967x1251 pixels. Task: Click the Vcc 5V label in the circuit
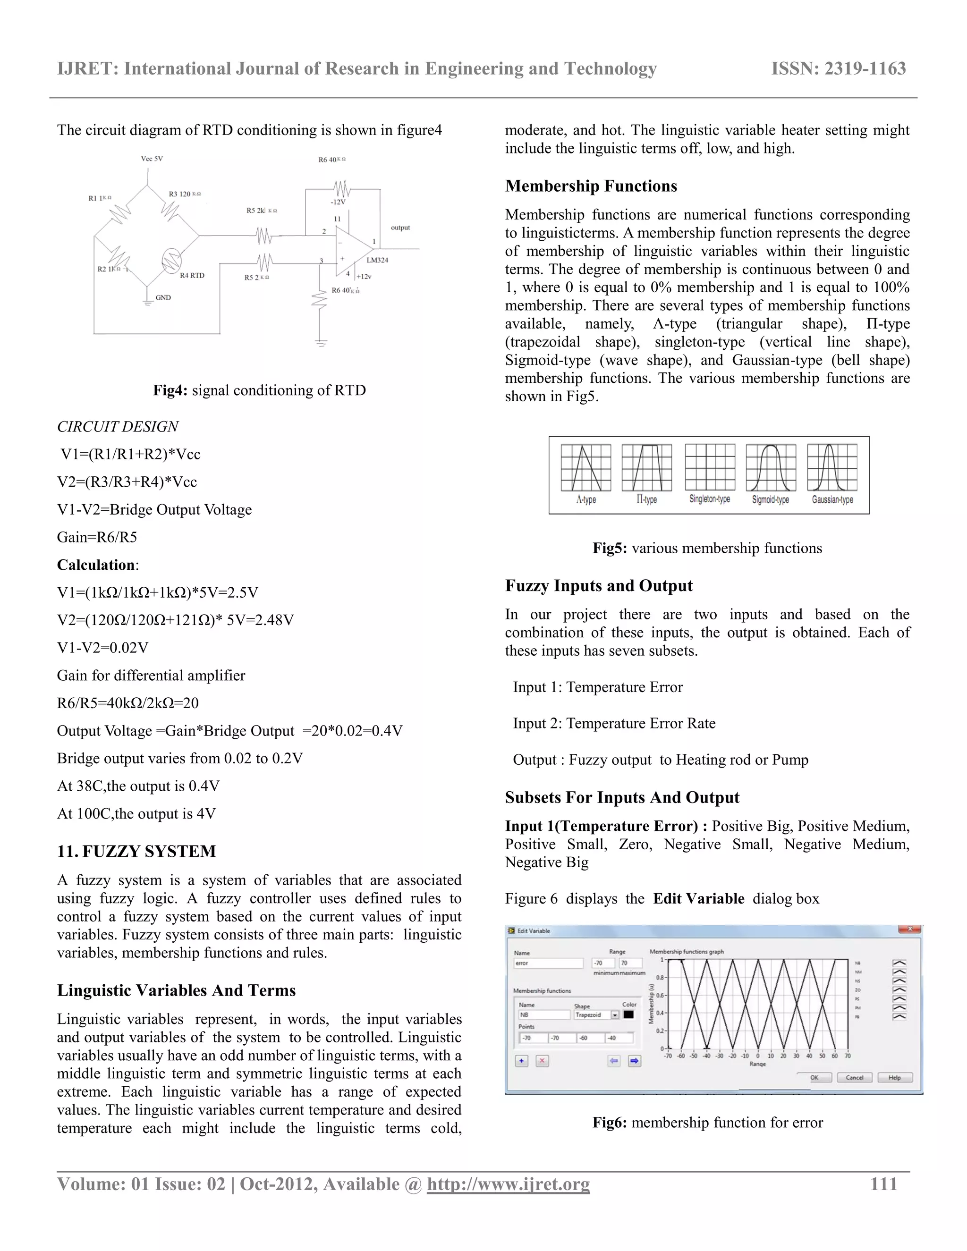[x=152, y=159]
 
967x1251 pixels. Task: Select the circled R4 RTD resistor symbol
[x=171, y=261]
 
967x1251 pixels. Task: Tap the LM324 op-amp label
[x=377, y=260]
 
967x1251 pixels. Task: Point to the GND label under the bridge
[x=163, y=297]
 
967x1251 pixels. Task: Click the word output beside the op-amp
[x=400, y=228]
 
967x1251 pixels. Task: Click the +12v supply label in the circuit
[x=364, y=276]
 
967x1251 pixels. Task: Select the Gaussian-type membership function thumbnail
[x=832, y=467]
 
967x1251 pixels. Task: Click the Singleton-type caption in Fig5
[x=709, y=499]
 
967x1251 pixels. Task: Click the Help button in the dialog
[x=894, y=1077]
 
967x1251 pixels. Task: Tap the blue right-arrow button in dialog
[x=634, y=1061]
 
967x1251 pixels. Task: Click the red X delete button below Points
[x=542, y=1061]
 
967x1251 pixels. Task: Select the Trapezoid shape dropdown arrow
[x=615, y=1015]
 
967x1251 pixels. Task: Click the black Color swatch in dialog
[x=628, y=1014]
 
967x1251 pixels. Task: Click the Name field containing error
[x=548, y=964]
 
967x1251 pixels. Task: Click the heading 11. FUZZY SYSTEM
[x=136, y=851]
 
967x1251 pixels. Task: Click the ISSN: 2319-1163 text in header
[x=838, y=69]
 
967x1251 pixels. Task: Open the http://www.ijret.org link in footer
[x=508, y=1184]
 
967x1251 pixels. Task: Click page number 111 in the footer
[x=883, y=1184]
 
